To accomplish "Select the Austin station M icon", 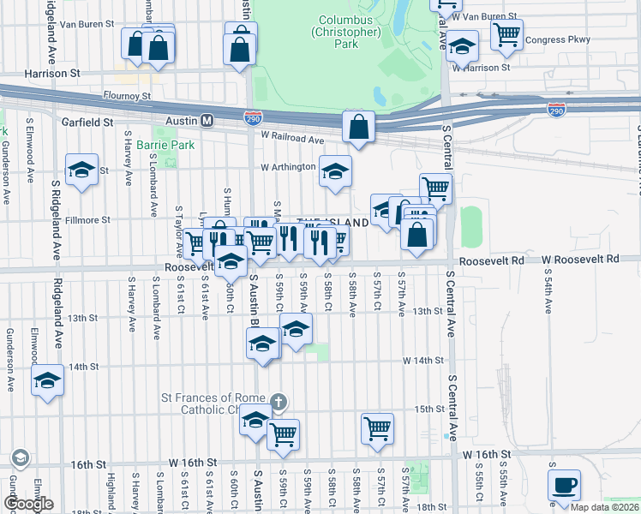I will (x=207, y=121).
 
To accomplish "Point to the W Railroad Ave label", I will (x=293, y=138).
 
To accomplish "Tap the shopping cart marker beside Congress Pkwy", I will (x=506, y=34).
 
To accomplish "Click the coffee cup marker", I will (x=564, y=485).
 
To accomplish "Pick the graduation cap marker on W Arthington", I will (x=335, y=170).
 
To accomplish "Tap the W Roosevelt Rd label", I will (x=579, y=259).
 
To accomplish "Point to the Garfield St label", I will (x=87, y=123).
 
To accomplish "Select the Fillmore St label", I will (x=89, y=220).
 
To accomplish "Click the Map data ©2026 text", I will (x=604, y=507).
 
